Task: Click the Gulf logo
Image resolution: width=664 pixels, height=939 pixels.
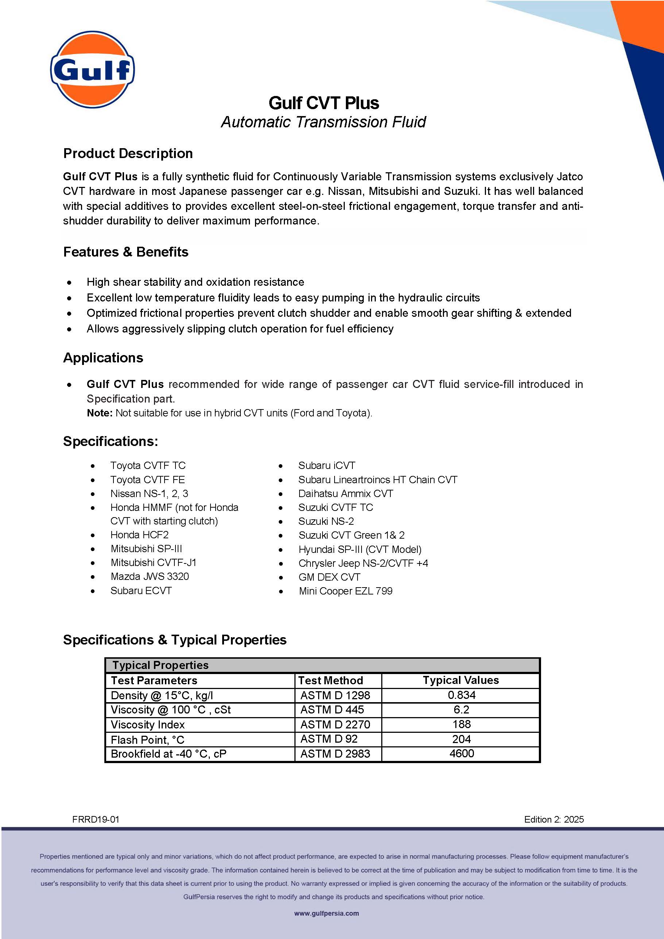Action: point(92,70)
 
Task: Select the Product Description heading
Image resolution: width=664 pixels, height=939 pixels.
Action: point(128,153)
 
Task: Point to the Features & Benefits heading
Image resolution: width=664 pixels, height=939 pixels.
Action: point(126,252)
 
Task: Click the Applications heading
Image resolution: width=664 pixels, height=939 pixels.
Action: point(103,358)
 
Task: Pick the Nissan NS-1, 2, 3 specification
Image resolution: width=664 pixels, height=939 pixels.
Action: point(149,494)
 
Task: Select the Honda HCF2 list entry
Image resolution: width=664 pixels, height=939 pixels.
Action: point(139,535)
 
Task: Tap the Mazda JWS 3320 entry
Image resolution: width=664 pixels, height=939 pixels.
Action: point(150,577)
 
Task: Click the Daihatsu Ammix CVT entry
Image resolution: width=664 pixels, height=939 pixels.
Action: point(345,494)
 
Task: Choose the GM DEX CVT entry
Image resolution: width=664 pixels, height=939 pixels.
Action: point(329,577)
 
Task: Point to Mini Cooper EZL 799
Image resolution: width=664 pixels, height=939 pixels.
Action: point(345,591)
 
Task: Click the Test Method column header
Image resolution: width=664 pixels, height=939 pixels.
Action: point(331,681)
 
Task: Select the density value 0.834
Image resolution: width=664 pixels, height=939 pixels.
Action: point(461,695)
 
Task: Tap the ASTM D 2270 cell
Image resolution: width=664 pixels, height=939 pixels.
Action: point(335,725)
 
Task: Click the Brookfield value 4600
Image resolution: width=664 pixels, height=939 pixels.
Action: point(462,754)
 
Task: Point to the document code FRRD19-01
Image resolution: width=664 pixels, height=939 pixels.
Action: point(96,820)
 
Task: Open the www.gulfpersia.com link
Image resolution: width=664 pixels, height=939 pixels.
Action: point(326,913)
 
